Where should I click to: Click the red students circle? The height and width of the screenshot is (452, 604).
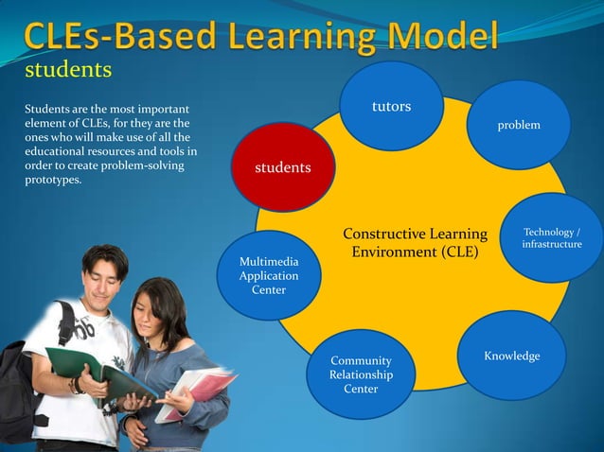point(282,167)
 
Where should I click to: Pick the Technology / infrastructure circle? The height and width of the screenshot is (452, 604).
point(552,238)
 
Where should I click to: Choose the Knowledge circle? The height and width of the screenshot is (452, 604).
point(512,356)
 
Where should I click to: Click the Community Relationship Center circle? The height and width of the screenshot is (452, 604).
point(360,374)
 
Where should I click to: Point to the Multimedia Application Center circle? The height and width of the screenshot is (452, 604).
point(269,275)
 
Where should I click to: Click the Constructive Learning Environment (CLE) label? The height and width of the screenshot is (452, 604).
point(415,243)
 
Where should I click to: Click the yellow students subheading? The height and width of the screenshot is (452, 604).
point(68,71)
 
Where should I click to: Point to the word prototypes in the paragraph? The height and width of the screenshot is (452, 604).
point(53,181)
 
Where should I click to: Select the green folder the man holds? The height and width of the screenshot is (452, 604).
point(95,373)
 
